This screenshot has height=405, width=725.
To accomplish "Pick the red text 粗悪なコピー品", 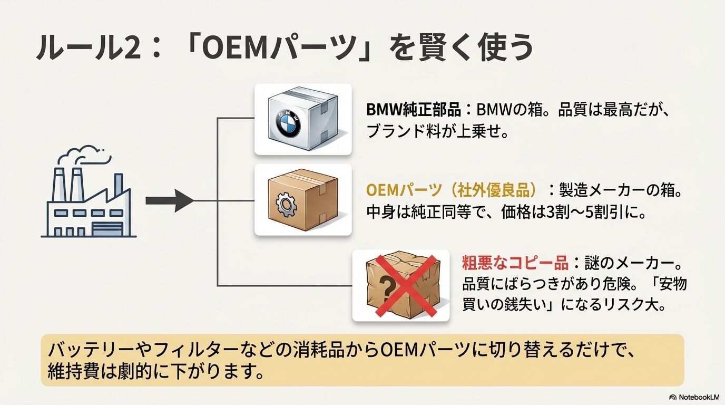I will point(514,262).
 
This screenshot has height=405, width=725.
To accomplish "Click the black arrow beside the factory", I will point(169,201).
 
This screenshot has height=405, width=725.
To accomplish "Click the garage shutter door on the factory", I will point(107,228).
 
